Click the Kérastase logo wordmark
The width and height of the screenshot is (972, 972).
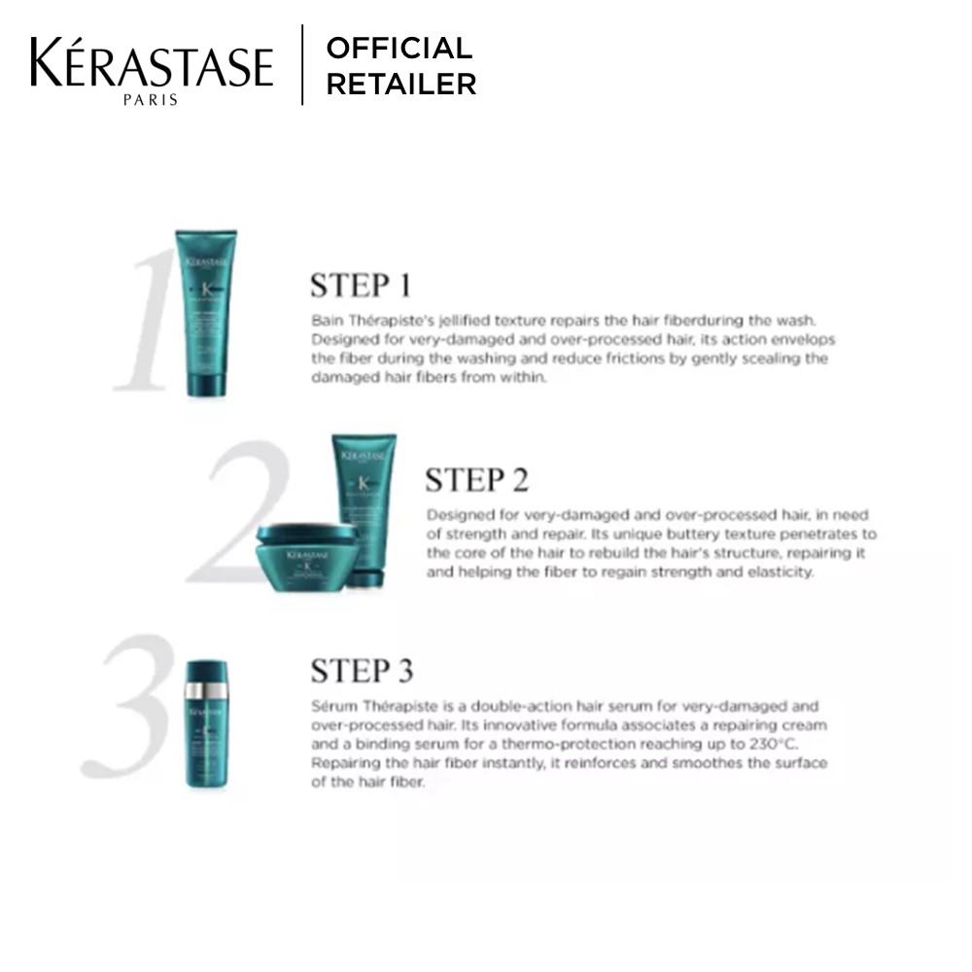tap(151, 63)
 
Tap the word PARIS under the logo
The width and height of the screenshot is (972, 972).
tap(151, 99)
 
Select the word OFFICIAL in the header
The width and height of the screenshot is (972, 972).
tap(399, 48)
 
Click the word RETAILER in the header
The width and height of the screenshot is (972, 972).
tap(400, 85)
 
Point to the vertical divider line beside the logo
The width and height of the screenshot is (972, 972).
tap(302, 65)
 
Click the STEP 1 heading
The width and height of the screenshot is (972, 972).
tap(361, 286)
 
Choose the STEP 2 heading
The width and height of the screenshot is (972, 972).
tap(476, 480)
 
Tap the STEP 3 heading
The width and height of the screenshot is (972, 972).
tap(362, 671)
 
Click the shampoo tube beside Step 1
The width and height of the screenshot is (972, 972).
tap(205, 313)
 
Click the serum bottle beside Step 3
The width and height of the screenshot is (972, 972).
tap(206, 724)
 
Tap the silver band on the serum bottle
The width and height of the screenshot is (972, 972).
tap(206, 690)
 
